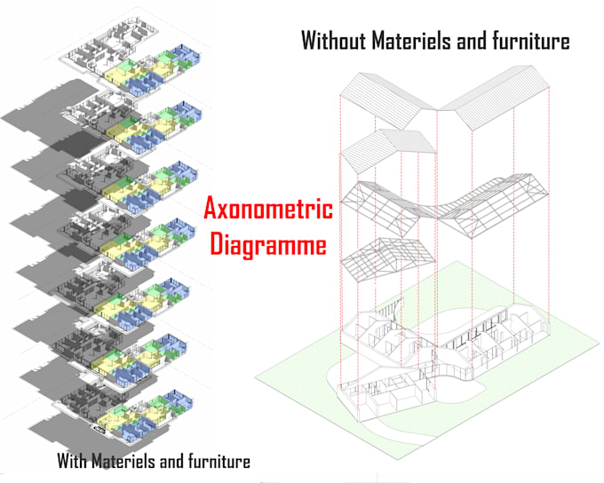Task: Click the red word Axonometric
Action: pyautogui.click(x=268, y=210)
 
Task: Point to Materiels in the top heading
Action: pyautogui.click(x=421, y=41)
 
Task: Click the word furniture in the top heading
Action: pyautogui.click(x=531, y=41)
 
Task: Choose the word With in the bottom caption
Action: pyautogui.click(x=74, y=462)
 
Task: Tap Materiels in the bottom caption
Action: pyautogui.click(x=130, y=462)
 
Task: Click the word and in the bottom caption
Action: pyautogui.click(x=174, y=462)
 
